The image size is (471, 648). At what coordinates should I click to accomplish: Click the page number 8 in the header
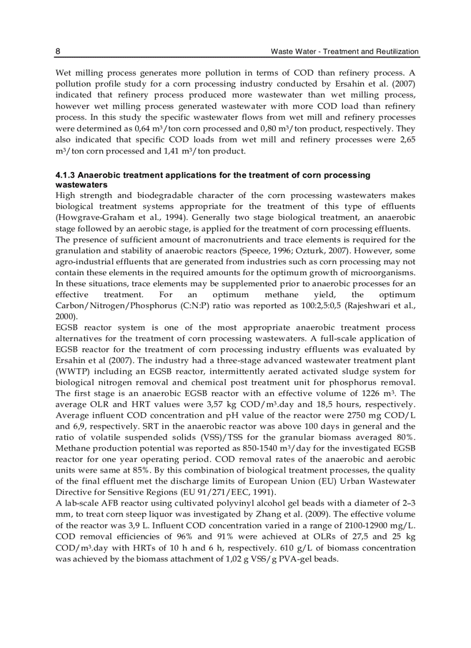(x=58, y=52)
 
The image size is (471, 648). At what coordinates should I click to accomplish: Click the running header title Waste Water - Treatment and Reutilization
(x=345, y=52)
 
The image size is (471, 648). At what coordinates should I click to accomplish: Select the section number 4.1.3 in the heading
(x=65, y=175)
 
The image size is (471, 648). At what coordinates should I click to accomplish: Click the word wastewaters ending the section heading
(x=81, y=185)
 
